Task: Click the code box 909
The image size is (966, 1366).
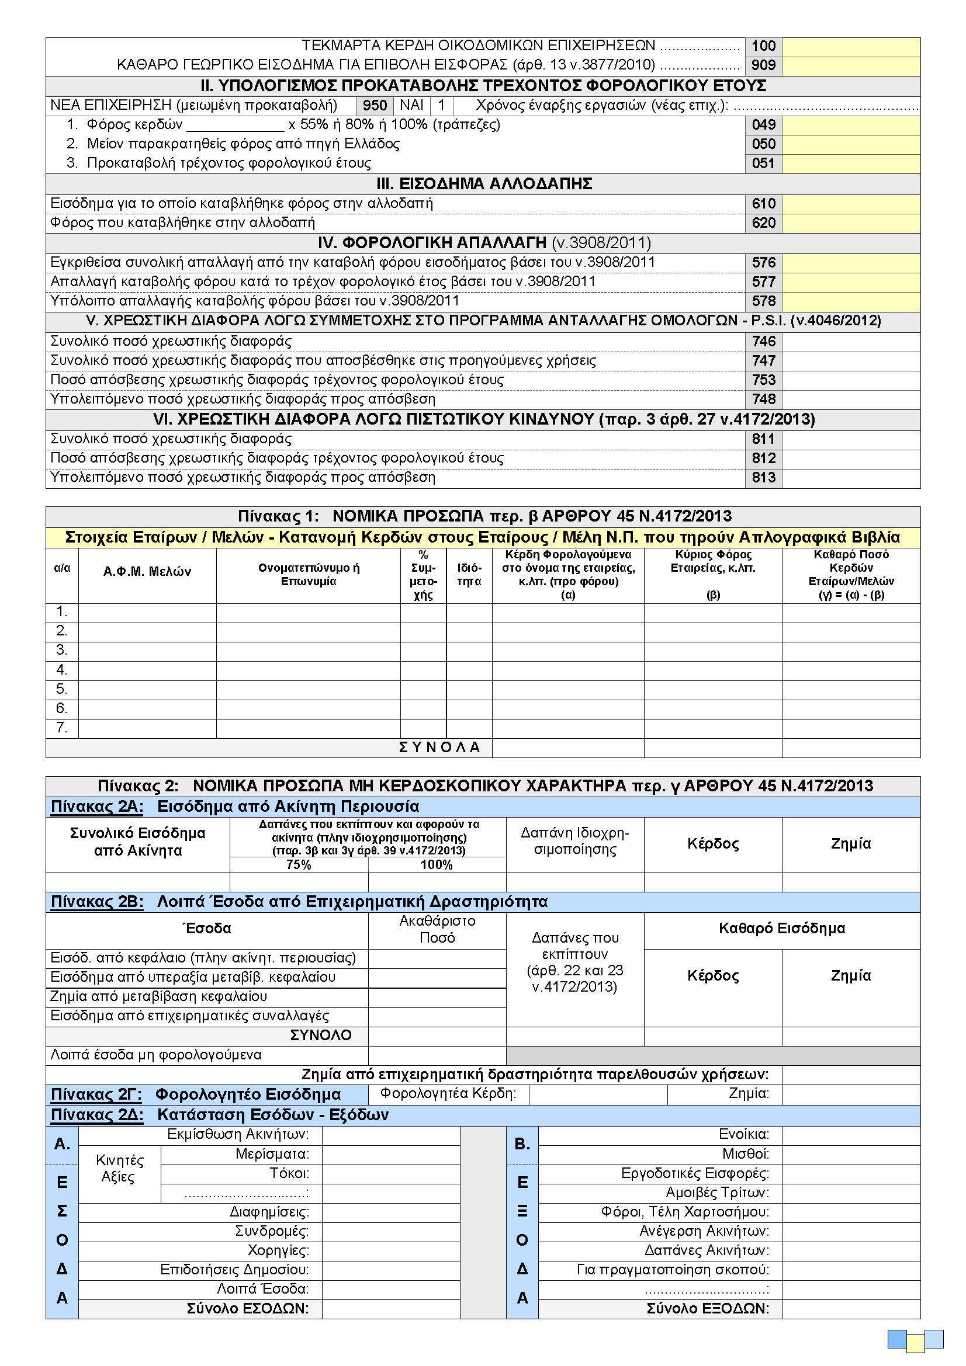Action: (x=763, y=65)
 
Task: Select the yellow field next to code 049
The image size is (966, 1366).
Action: (x=850, y=125)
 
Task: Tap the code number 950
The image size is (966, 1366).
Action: (x=375, y=106)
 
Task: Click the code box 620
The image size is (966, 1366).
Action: (x=763, y=223)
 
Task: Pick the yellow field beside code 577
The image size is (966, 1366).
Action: (x=850, y=282)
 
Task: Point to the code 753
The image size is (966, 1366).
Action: (x=763, y=380)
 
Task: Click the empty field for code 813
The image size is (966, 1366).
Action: (x=850, y=478)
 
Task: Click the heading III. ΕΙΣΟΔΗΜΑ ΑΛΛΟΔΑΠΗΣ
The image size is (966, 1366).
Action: (x=483, y=184)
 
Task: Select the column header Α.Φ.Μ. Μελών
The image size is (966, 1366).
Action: (x=147, y=572)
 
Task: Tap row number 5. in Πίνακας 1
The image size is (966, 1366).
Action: (x=62, y=689)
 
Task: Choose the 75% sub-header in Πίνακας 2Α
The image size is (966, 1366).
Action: (x=298, y=865)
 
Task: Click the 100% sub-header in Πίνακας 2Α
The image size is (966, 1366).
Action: (x=437, y=865)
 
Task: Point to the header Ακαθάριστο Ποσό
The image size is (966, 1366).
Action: (x=437, y=929)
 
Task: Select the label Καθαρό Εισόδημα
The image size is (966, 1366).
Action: (x=781, y=929)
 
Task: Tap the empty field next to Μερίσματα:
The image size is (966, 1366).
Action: (x=390, y=1155)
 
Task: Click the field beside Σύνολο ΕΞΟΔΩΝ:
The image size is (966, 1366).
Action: (x=850, y=1308)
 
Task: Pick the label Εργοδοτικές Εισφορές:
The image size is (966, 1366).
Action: (x=695, y=1173)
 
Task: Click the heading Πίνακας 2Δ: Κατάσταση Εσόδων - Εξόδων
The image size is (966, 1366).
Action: (x=220, y=1115)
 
